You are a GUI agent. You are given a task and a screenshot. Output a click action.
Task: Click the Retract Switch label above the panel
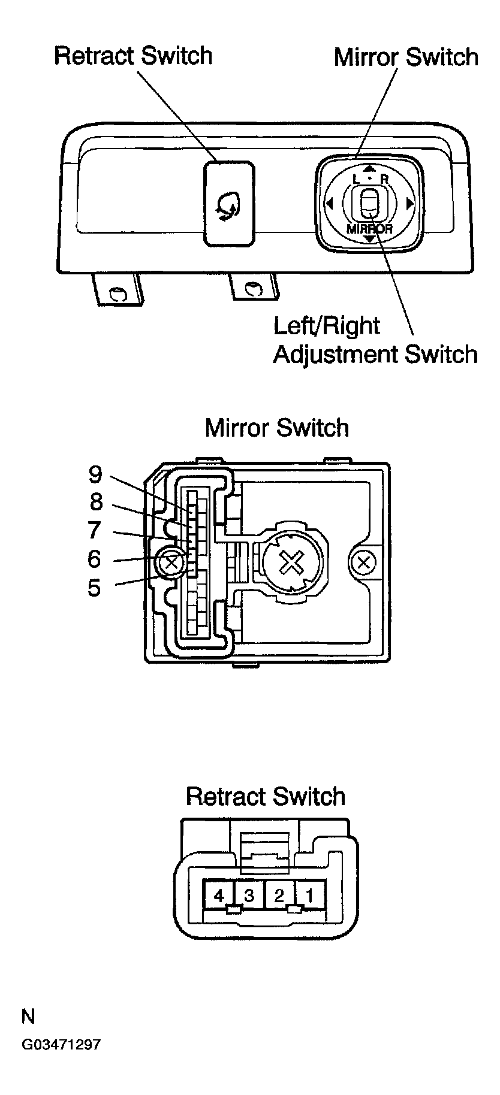click(x=133, y=56)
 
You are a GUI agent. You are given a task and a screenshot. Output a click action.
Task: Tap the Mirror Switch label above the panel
click(x=406, y=57)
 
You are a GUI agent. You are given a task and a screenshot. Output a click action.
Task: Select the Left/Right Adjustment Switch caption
click(x=375, y=340)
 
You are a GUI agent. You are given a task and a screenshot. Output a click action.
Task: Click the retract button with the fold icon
click(x=228, y=204)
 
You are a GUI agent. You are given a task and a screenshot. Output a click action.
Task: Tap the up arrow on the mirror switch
click(x=369, y=170)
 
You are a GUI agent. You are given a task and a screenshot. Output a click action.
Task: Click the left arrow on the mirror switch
click(x=329, y=204)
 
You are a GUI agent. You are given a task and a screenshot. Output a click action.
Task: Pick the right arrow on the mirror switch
click(x=410, y=204)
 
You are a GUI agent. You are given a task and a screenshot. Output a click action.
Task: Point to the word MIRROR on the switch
click(x=369, y=228)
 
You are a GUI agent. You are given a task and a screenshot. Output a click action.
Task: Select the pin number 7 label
click(x=95, y=530)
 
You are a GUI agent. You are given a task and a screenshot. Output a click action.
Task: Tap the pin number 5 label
click(x=94, y=588)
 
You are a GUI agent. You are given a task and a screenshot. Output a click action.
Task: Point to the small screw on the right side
click(x=362, y=562)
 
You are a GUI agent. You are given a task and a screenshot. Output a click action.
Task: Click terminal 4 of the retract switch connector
click(x=219, y=896)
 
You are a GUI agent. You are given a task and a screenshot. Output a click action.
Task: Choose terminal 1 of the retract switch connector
click(x=310, y=896)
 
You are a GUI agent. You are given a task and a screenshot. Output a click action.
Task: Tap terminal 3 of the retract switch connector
click(x=249, y=896)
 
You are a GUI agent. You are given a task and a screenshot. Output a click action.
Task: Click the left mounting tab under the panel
click(x=118, y=290)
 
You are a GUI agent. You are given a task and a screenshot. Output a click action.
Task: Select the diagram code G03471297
click(x=61, y=1045)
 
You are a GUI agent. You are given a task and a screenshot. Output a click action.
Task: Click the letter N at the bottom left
click(x=28, y=1017)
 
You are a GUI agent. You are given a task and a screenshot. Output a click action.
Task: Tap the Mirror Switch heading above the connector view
click(x=276, y=428)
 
